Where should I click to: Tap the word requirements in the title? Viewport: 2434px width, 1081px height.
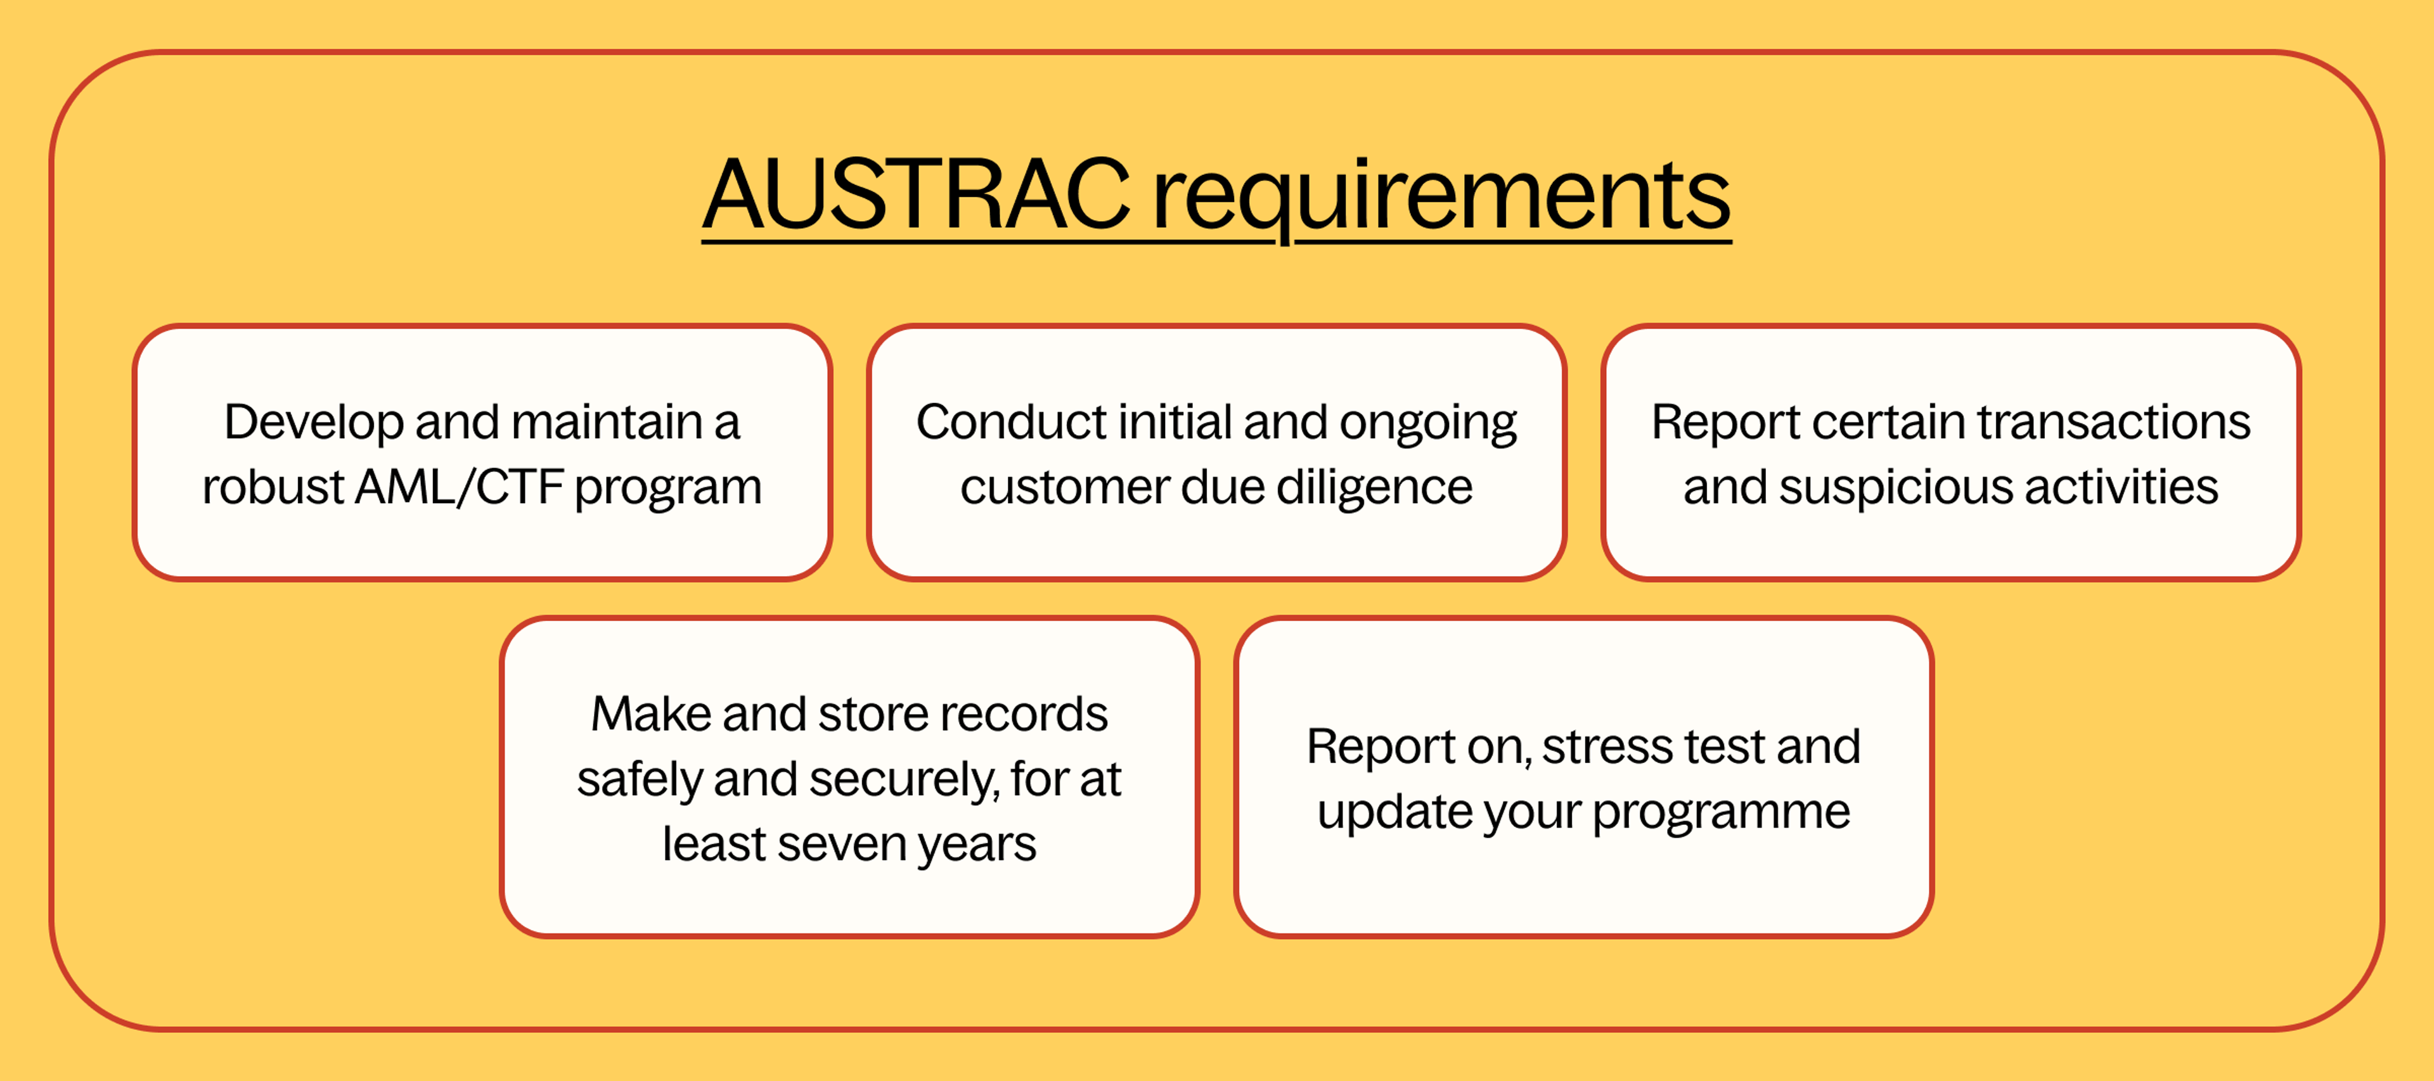point(1441,196)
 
